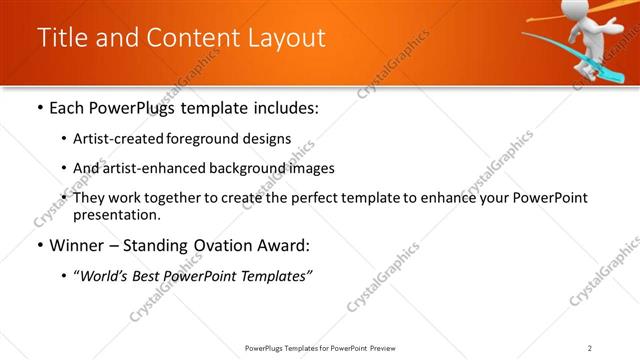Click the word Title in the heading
click(63, 38)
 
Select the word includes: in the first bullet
click(284, 108)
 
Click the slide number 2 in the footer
click(590, 348)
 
